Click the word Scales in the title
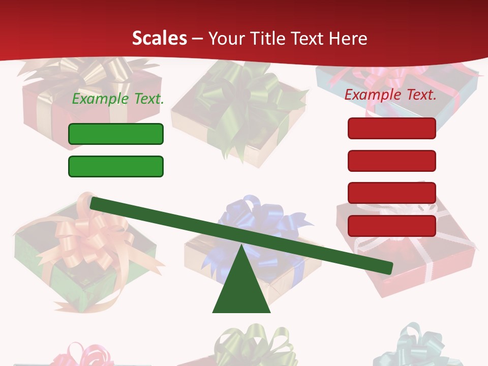coord(159,38)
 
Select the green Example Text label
coord(118,99)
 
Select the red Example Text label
coord(390,95)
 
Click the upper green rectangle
coord(116,134)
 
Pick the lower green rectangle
coord(116,166)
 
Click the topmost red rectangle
coord(391,128)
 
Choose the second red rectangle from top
coord(391,161)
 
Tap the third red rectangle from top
coord(391,193)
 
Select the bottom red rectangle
coord(391,226)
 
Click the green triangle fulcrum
coord(241,290)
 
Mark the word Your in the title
coord(226,38)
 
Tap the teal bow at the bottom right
coord(414,343)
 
